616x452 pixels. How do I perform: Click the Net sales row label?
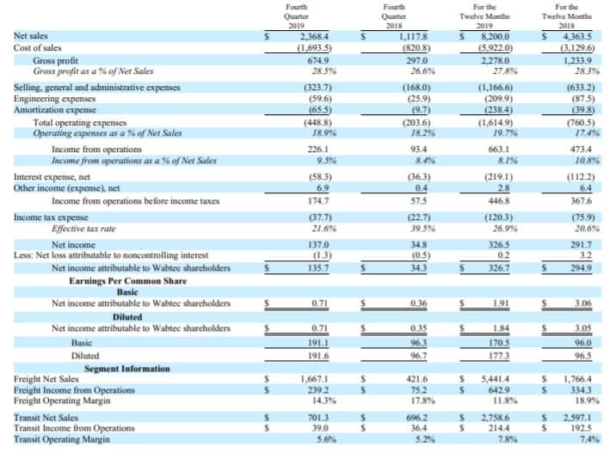(31, 36)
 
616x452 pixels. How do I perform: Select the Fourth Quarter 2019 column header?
(296, 16)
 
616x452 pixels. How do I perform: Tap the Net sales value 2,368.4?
(314, 36)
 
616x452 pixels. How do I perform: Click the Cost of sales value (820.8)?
(416, 48)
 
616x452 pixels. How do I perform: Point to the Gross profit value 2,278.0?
(496, 61)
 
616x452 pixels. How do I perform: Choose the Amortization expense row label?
(55, 110)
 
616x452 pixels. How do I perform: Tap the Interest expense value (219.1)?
(498, 177)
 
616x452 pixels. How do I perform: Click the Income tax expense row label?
(51, 217)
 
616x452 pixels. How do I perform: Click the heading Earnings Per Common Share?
(128, 281)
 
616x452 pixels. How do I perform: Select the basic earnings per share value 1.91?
(501, 303)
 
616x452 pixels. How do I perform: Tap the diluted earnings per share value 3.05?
(583, 328)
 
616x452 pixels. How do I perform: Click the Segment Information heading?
(126, 369)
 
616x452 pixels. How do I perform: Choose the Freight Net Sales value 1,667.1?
(314, 379)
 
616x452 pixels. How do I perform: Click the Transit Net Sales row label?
(46, 418)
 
